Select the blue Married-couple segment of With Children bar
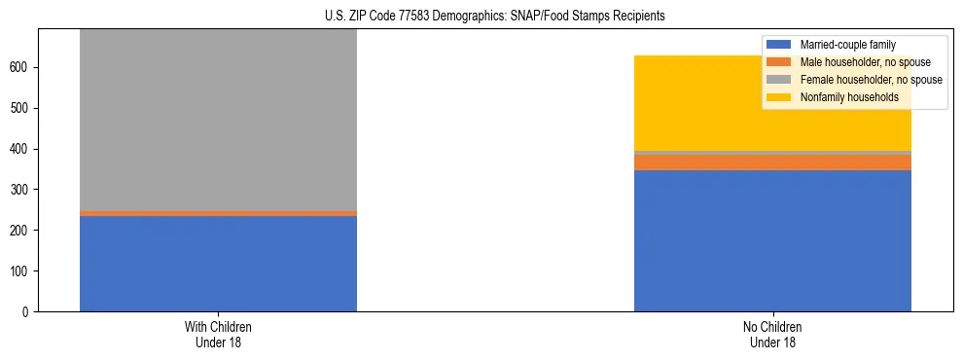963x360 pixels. coord(218,263)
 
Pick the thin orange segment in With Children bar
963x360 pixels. coord(218,213)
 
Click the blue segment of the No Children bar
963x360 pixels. coord(772,240)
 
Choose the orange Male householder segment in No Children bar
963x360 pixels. coord(772,162)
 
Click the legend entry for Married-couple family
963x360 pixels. coord(847,45)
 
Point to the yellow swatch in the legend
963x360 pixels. coord(779,97)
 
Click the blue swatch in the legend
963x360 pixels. coord(779,45)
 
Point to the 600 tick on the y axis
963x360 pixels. coord(21,68)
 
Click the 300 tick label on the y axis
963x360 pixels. coord(21,190)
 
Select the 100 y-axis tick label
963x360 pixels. coord(21,270)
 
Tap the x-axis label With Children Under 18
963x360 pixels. coord(218,335)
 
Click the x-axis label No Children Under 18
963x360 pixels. coord(772,335)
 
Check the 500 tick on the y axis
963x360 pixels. coord(21,109)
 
